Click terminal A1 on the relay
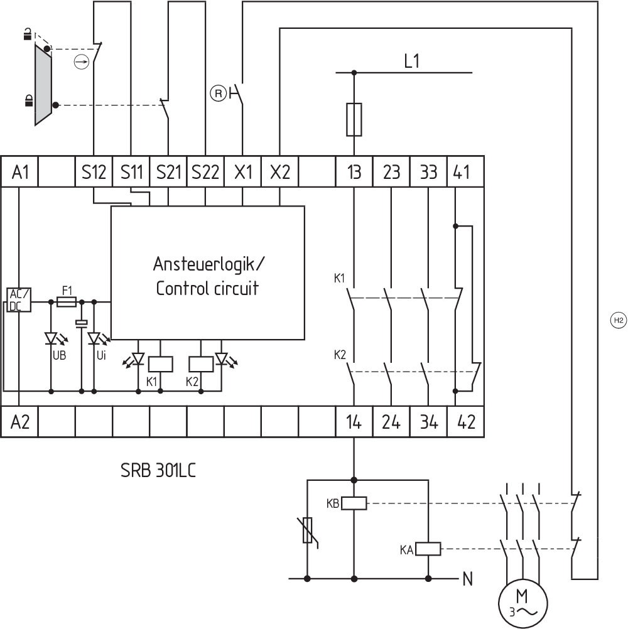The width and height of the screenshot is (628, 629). pyautogui.click(x=21, y=172)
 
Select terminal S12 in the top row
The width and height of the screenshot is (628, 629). pyautogui.click(x=94, y=172)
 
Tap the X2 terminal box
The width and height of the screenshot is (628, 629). pyautogui.click(x=280, y=172)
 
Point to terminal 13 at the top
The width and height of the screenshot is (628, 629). pyautogui.click(x=355, y=172)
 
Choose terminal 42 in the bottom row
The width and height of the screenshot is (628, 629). pyautogui.click(x=465, y=422)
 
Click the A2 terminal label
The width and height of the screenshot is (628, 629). pyautogui.click(x=21, y=422)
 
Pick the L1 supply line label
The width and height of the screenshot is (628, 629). pyautogui.click(x=412, y=62)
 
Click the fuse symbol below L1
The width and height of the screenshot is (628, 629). pyautogui.click(x=354, y=119)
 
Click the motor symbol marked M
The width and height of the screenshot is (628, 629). pyautogui.click(x=522, y=601)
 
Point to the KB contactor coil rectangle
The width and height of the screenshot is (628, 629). pyautogui.click(x=354, y=503)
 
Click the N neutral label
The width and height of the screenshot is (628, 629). pyautogui.click(x=467, y=579)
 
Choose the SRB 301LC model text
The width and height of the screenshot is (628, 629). pyautogui.click(x=158, y=470)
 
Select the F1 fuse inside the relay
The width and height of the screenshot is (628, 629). pyautogui.click(x=67, y=302)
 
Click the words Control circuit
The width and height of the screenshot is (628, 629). pyautogui.click(x=207, y=289)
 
